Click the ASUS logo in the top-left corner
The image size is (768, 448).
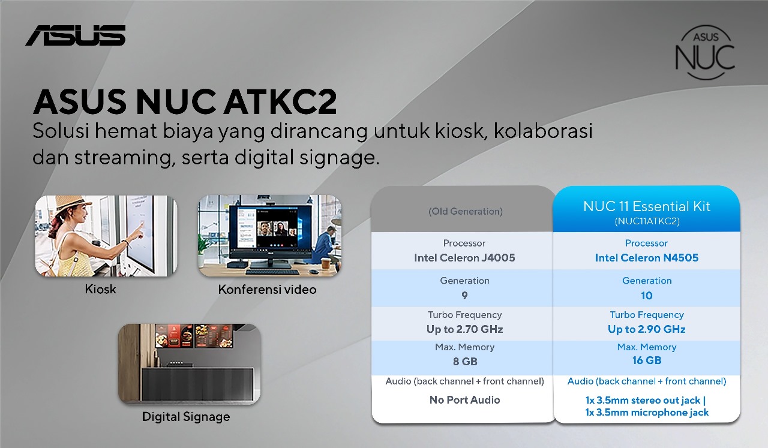click(x=76, y=35)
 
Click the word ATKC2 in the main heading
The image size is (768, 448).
click(x=280, y=102)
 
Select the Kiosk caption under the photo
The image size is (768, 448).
click(x=100, y=289)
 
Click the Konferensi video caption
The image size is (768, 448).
click(x=267, y=290)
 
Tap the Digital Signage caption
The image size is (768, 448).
click(x=186, y=417)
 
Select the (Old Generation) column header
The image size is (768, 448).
click(x=465, y=212)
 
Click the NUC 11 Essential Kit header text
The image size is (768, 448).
click(x=647, y=206)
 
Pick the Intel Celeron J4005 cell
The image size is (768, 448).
click(x=464, y=258)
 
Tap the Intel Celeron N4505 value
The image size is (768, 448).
click(x=647, y=258)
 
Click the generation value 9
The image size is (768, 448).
click(x=464, y=296)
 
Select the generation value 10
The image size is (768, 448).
click(x=647, y=296)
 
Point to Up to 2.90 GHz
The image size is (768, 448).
click(x=647, y=329)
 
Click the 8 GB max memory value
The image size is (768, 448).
click(x=465, y=362)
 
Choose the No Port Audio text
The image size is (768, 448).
click(x=464, y=400)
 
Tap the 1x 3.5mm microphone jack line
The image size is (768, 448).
click(x=647, y=413)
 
